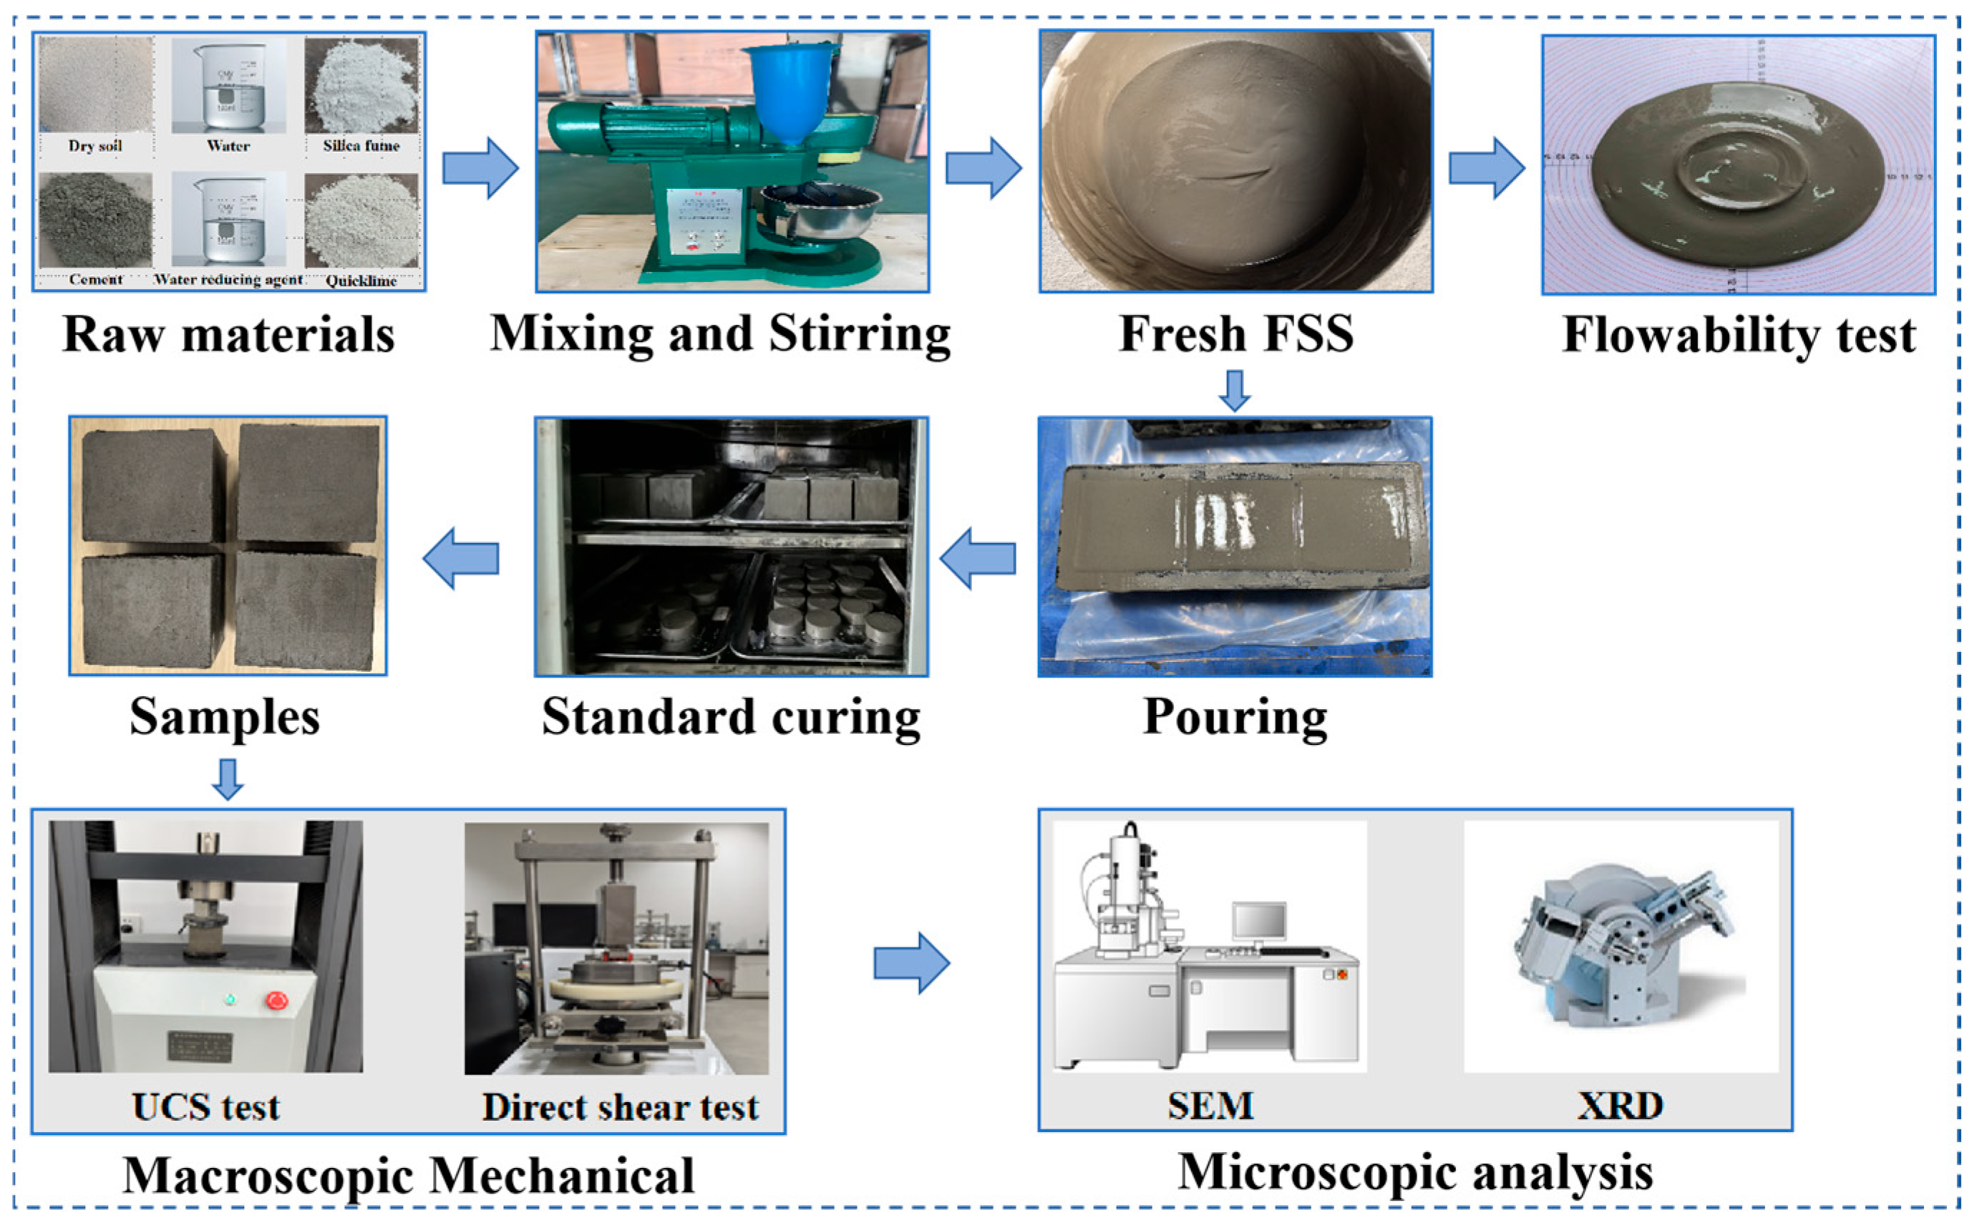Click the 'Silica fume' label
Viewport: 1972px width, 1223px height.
(361, 145)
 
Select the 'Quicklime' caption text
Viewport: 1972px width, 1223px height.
(361, 281)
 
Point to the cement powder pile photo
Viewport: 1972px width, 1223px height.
(95, 220)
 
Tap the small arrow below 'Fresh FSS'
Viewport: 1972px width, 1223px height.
(1234, 390)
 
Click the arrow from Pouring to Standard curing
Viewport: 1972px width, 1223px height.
(977, 558)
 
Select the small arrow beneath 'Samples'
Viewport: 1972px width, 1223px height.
(228, 779)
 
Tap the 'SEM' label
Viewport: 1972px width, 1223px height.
(1210, 1106)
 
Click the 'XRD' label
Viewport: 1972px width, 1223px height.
(1619, 1106)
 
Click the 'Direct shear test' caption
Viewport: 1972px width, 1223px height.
(621, 1107)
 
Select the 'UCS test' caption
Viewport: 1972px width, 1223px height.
(205, 1107)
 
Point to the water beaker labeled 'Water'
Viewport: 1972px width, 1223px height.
(228, 85)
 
